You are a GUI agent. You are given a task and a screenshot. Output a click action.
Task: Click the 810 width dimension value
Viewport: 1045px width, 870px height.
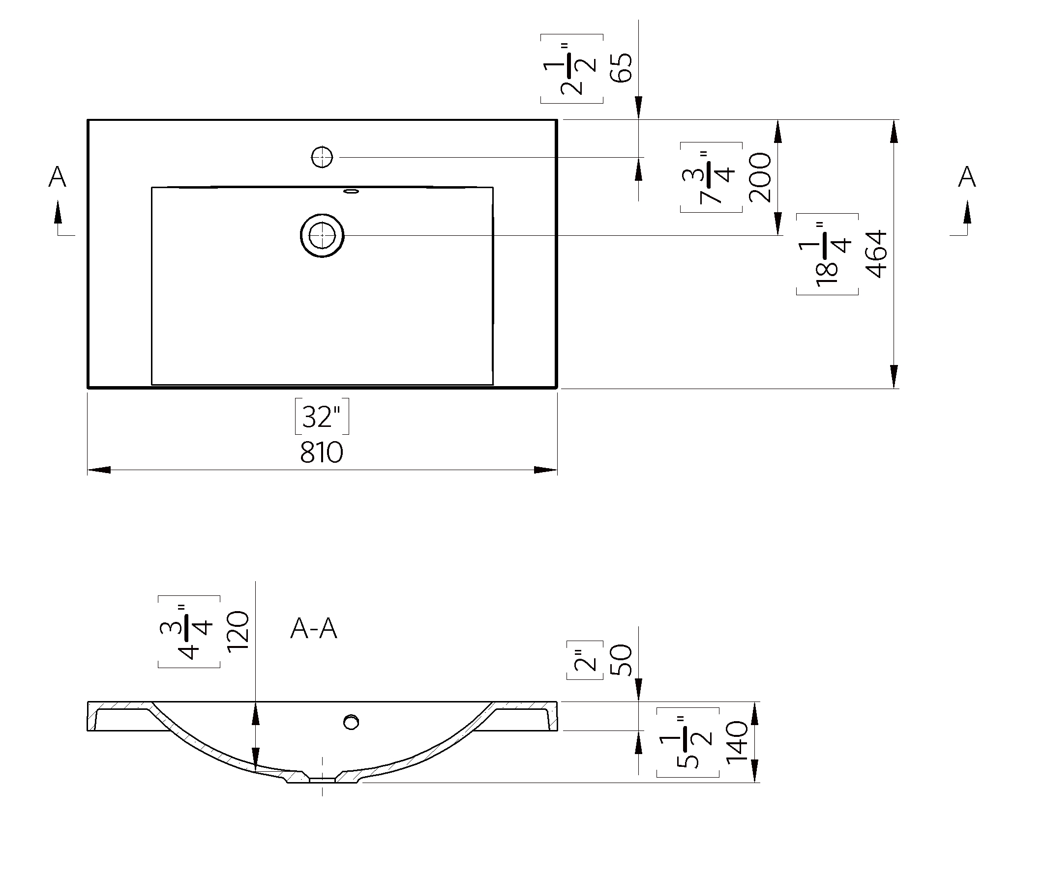pos(322,452)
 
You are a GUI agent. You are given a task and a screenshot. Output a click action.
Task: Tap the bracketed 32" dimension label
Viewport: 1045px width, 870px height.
pos(322,417)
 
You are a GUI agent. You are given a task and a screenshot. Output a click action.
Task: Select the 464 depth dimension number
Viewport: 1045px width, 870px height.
pos(877,254)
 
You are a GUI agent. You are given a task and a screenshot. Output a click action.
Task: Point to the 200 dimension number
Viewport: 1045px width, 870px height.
pos(760,177)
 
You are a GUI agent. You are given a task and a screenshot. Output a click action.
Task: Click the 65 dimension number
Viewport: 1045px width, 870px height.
pos(622,68)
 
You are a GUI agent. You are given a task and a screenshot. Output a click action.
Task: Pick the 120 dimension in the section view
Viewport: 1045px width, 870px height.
pos(238,631)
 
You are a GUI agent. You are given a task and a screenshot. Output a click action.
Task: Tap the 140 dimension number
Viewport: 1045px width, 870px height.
pos(737,742)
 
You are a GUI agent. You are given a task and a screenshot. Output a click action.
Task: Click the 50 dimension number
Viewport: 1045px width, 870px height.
pos(621,660)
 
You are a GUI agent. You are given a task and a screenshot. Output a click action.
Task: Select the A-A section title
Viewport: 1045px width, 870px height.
pos(314,629)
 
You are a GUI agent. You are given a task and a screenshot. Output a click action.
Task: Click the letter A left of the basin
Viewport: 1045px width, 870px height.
pos(57,177)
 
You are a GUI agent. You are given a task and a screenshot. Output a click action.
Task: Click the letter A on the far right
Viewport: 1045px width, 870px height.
pos(967,177)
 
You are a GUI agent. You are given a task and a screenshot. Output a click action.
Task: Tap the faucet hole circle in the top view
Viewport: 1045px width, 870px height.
pos(322,157)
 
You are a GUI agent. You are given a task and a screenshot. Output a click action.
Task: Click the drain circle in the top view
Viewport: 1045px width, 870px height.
pos(322,235)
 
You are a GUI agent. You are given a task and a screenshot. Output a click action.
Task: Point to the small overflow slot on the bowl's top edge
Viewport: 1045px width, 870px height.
pos(351,191)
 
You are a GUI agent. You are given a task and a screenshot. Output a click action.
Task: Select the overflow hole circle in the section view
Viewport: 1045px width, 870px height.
pos(351,722)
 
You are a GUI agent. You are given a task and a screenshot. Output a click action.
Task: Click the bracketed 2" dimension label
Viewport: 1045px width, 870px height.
pos(585,660)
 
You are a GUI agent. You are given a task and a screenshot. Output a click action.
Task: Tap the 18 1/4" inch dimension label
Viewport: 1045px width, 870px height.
pos(826,254)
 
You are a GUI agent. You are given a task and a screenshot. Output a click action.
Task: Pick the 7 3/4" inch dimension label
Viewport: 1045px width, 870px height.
pos(711,177)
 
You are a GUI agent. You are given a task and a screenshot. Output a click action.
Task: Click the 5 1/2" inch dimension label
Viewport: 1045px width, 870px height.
pos(687,742)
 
